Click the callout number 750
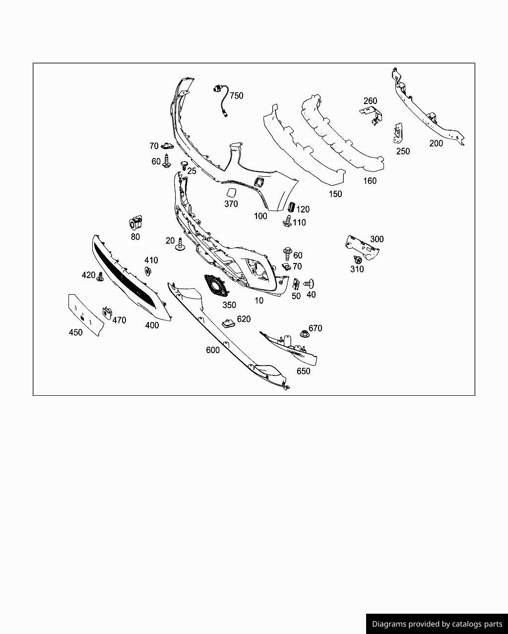(237, 96)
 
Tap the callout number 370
(231, 204)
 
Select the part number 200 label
(436, 144)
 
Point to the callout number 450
(75, 332)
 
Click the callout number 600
(213, 350)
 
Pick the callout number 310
(357, 269)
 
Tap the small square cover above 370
(232, 193)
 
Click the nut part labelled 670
(305, 334)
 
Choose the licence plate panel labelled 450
(86, 315)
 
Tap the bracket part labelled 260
(373, 115)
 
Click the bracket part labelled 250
(398, 134)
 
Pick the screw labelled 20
(180, 244)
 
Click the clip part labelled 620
(229, 322)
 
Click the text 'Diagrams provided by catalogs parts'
(437, 624)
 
